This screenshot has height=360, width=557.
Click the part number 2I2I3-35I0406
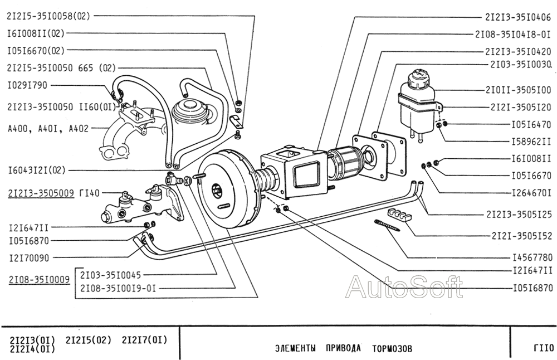518,17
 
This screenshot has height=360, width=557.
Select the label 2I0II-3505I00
518,89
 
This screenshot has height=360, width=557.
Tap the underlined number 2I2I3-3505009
41,193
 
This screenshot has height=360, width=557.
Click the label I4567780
531,259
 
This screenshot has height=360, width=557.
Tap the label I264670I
531,193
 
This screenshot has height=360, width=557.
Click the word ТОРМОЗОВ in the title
393,349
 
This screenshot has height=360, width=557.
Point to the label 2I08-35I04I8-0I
514,33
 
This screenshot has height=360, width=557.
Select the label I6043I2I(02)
37,170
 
